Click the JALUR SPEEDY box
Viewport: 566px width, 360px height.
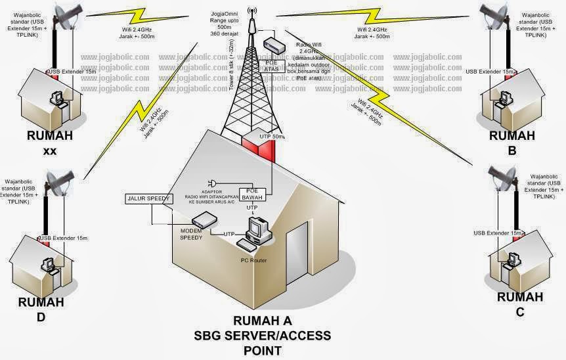tap(148, 198)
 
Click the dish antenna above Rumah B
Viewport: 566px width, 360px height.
tap(496, 16)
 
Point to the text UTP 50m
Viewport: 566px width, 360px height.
tap(273, 136)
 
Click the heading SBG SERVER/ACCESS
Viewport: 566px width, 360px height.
tap(263, 336)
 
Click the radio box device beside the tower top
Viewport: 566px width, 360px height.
tap(274, 45)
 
